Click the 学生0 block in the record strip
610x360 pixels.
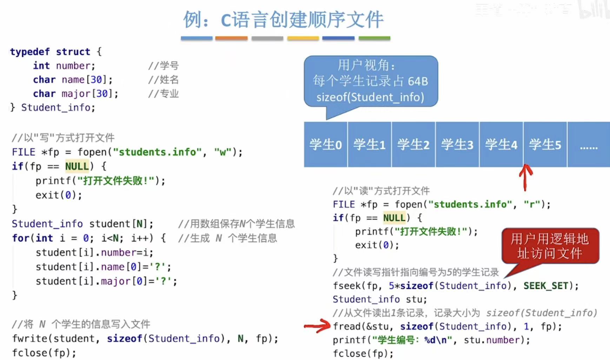[x=325, y=144]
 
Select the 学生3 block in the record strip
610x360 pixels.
[x=457, y=144]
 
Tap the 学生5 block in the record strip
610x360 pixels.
[x=545, y=144]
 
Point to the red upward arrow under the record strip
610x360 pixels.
[x=525, y=177]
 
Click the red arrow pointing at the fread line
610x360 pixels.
[x=317, y=326]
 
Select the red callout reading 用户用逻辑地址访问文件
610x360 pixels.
[x=550, y=246]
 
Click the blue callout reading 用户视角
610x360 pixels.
[x=371, y=81]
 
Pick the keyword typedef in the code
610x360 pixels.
[x=30, y=52]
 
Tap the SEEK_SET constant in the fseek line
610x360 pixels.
[x=545, y=286]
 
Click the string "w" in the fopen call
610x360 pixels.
[x=223, y=152]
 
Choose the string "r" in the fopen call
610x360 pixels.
[x=532, y=204]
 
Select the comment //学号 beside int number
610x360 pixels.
[x=164, y=66]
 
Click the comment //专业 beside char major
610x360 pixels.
[x=164, y=94]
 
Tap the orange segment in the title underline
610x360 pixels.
[x=231, y=38]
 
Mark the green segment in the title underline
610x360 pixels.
[x=374, y=38]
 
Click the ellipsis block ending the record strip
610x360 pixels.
[x=589, y=144]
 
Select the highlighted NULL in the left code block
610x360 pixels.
[x=77, y=166]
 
